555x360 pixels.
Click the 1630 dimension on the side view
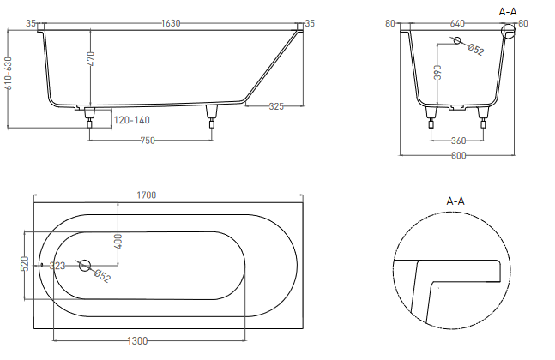click(x=172, y=23)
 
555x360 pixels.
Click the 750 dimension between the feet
click(x=148, y=141)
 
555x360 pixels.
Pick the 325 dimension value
click(x=276, y=106)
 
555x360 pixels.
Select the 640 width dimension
click(x=458, y=23)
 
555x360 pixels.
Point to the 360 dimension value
click(x=458, y=141)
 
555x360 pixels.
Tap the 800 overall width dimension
click(x=457, y=155)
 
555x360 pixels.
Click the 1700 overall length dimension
click(x=146, y=195)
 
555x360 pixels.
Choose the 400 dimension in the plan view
click(x=119, y=242)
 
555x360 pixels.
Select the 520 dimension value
click(x=25, y=264)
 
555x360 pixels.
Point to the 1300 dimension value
click(x=136, y=341)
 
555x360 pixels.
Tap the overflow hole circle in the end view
click(x=455, y=42)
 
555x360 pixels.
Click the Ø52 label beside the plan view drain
click(x=100, y=275)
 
